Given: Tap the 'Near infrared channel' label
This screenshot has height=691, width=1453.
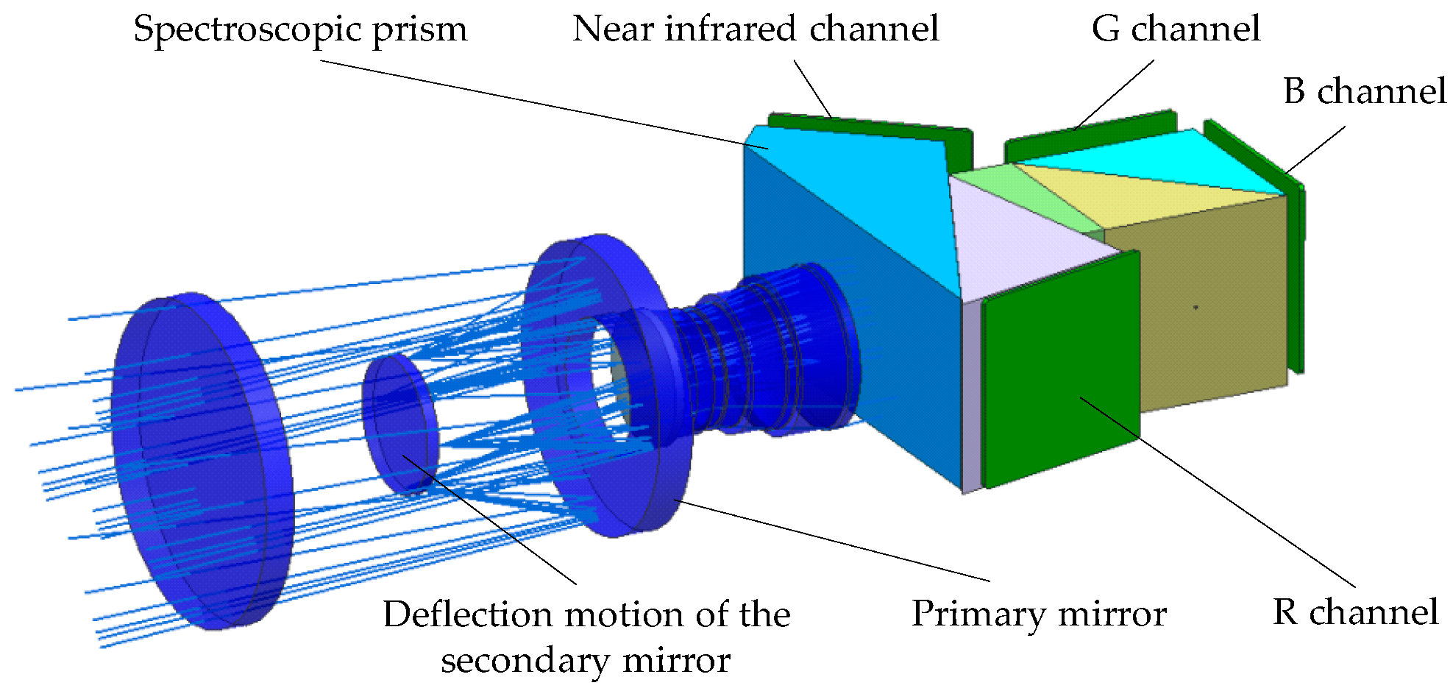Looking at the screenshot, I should point(756,29).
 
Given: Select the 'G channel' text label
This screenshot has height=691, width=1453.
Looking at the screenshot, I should point(1175,29).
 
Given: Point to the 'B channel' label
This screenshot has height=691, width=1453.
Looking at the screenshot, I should point(1365,92).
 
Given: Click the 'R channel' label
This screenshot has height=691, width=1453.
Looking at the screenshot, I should point(1355,612).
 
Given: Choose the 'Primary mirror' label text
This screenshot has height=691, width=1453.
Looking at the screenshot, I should point(1039,614).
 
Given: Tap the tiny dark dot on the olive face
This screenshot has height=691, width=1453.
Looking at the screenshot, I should point(1196,307).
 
